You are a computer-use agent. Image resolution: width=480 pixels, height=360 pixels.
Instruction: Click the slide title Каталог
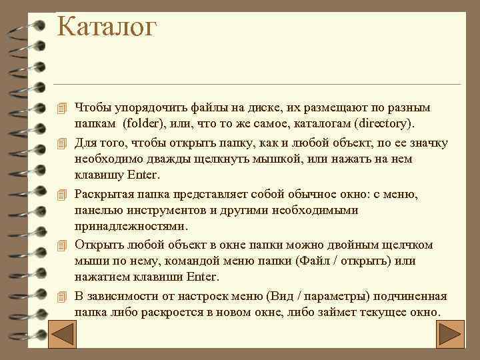pos(107,27)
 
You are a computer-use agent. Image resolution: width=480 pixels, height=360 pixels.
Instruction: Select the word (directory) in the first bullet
pos(385,124)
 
